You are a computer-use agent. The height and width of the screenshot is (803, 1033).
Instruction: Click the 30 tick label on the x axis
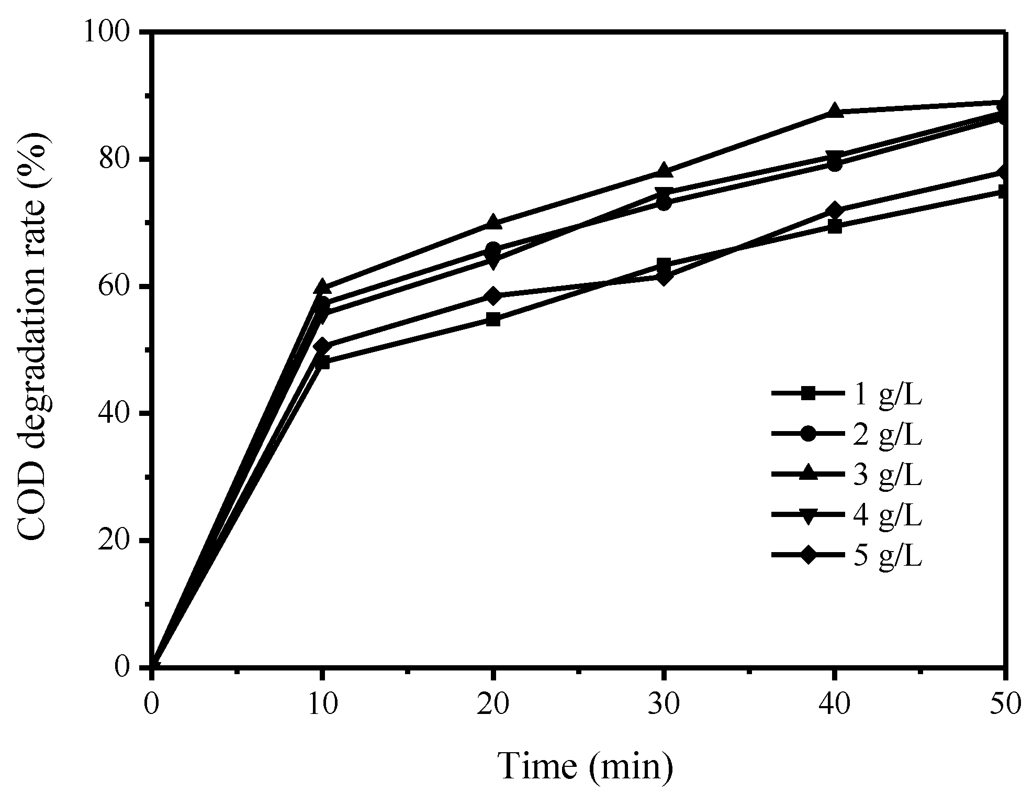[664, 705]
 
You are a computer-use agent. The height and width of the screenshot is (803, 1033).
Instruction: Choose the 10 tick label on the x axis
[322, 705]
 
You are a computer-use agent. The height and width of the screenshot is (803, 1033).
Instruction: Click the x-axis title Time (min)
[585, 767]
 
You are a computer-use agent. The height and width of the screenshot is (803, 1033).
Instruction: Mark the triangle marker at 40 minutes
[835, 111]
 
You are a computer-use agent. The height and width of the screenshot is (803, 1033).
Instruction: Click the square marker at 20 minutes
[493, 320]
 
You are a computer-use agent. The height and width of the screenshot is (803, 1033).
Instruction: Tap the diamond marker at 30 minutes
[664, 277]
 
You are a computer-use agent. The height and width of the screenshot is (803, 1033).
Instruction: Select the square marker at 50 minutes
[1003, 192]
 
